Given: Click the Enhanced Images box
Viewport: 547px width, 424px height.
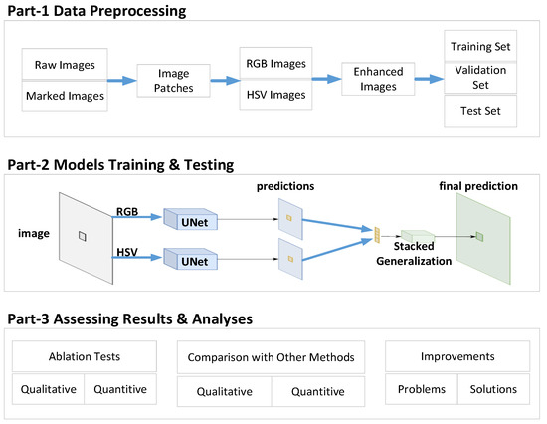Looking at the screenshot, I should point(378,80).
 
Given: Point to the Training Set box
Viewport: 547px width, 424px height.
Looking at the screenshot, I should point(481,46).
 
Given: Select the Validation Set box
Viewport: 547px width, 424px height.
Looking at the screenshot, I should point(481,78).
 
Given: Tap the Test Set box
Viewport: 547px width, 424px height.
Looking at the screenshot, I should point(481,111).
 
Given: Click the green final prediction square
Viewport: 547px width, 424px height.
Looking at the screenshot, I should point(478,236).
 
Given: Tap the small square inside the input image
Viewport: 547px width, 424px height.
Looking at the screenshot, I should point(84,235).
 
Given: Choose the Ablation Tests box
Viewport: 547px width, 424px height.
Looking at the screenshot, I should point(84,356).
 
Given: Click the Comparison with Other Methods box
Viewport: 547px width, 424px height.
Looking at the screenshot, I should point(270,356).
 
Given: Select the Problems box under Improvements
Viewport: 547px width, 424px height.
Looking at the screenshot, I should point(420,389).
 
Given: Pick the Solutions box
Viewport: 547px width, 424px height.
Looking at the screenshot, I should point(493,389).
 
